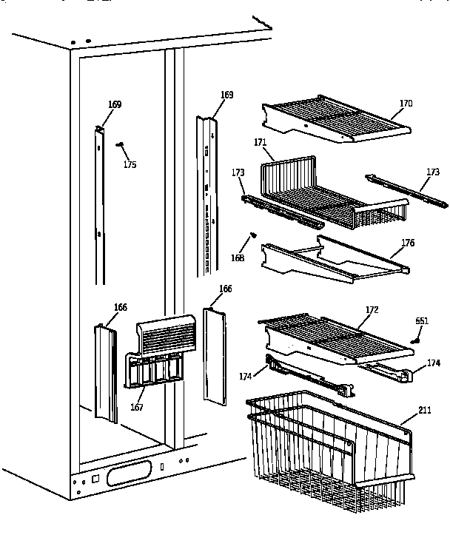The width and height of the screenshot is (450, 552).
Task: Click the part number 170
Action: (x=406, y=104)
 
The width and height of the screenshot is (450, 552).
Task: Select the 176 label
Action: (x=407, y=243)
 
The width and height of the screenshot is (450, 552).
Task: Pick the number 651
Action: (x=422, y=320)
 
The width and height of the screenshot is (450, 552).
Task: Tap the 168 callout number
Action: (x=237, y=258)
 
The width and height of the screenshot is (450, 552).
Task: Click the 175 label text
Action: (x=130, y=164)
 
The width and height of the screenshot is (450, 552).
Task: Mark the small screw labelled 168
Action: (x=253, y=235)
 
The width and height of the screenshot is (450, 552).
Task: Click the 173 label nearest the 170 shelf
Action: (x=432, y=171)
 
